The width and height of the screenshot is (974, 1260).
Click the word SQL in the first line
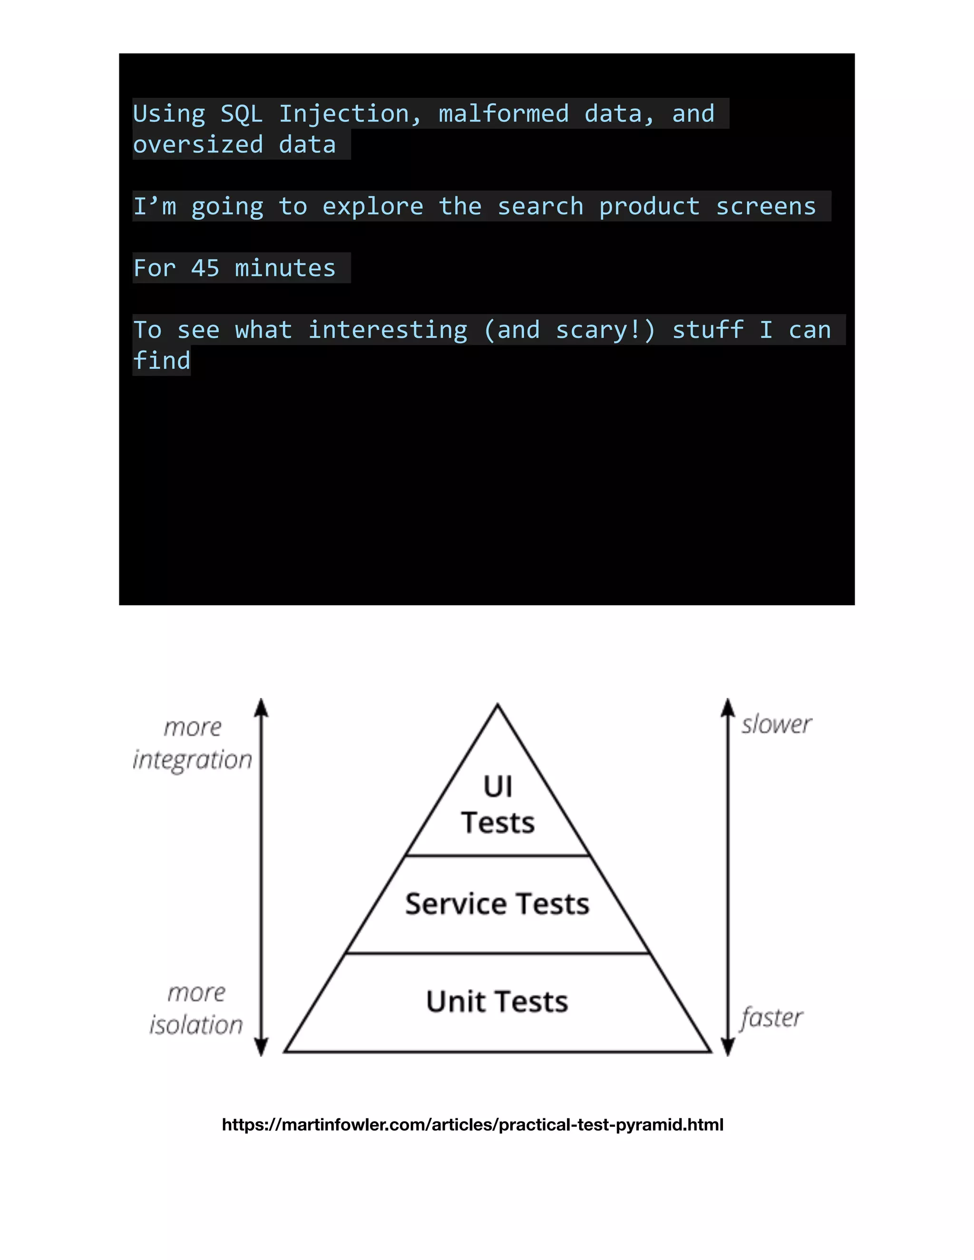pos(242,114)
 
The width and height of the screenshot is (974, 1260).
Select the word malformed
pos(503,114)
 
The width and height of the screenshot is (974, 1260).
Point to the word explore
pos(373,206)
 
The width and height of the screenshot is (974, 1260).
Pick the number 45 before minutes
pos(205,268)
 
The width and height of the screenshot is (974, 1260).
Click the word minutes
pos(285,268)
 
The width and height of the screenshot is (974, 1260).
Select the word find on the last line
pos(162,360)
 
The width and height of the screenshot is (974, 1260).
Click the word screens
pos(766,206)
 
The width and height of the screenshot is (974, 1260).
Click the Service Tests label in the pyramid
pos(497,903)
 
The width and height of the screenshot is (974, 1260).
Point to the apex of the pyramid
pos(497,705)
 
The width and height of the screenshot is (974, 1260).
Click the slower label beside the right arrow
pos(777,724)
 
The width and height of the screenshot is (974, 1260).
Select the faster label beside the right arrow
pos(772,1017)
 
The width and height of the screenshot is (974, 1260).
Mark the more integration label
pos(193,744)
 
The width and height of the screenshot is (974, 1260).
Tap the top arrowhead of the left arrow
pos(262,706)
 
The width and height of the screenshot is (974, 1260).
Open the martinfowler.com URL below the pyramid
pos(473,1124)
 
